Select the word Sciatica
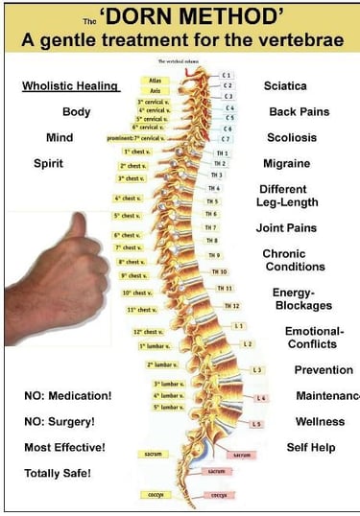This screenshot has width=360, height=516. [x=285, y=86]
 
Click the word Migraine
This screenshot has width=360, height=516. [x=286, y=163]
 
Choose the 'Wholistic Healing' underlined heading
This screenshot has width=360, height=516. [x=70, y=86]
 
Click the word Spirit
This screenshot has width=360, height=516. [x=48, y=163]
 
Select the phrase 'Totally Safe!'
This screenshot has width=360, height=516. [x=58, y=473]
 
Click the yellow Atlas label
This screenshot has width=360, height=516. [x=155, y=80]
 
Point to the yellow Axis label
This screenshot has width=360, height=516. [x=155, y=90]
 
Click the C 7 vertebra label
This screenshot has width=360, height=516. [x=228, y=139]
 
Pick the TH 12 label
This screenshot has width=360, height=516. [x=231, y=305]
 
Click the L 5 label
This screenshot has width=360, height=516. [x=256, y=423]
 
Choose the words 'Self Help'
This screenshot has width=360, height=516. [x=310, y=447]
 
